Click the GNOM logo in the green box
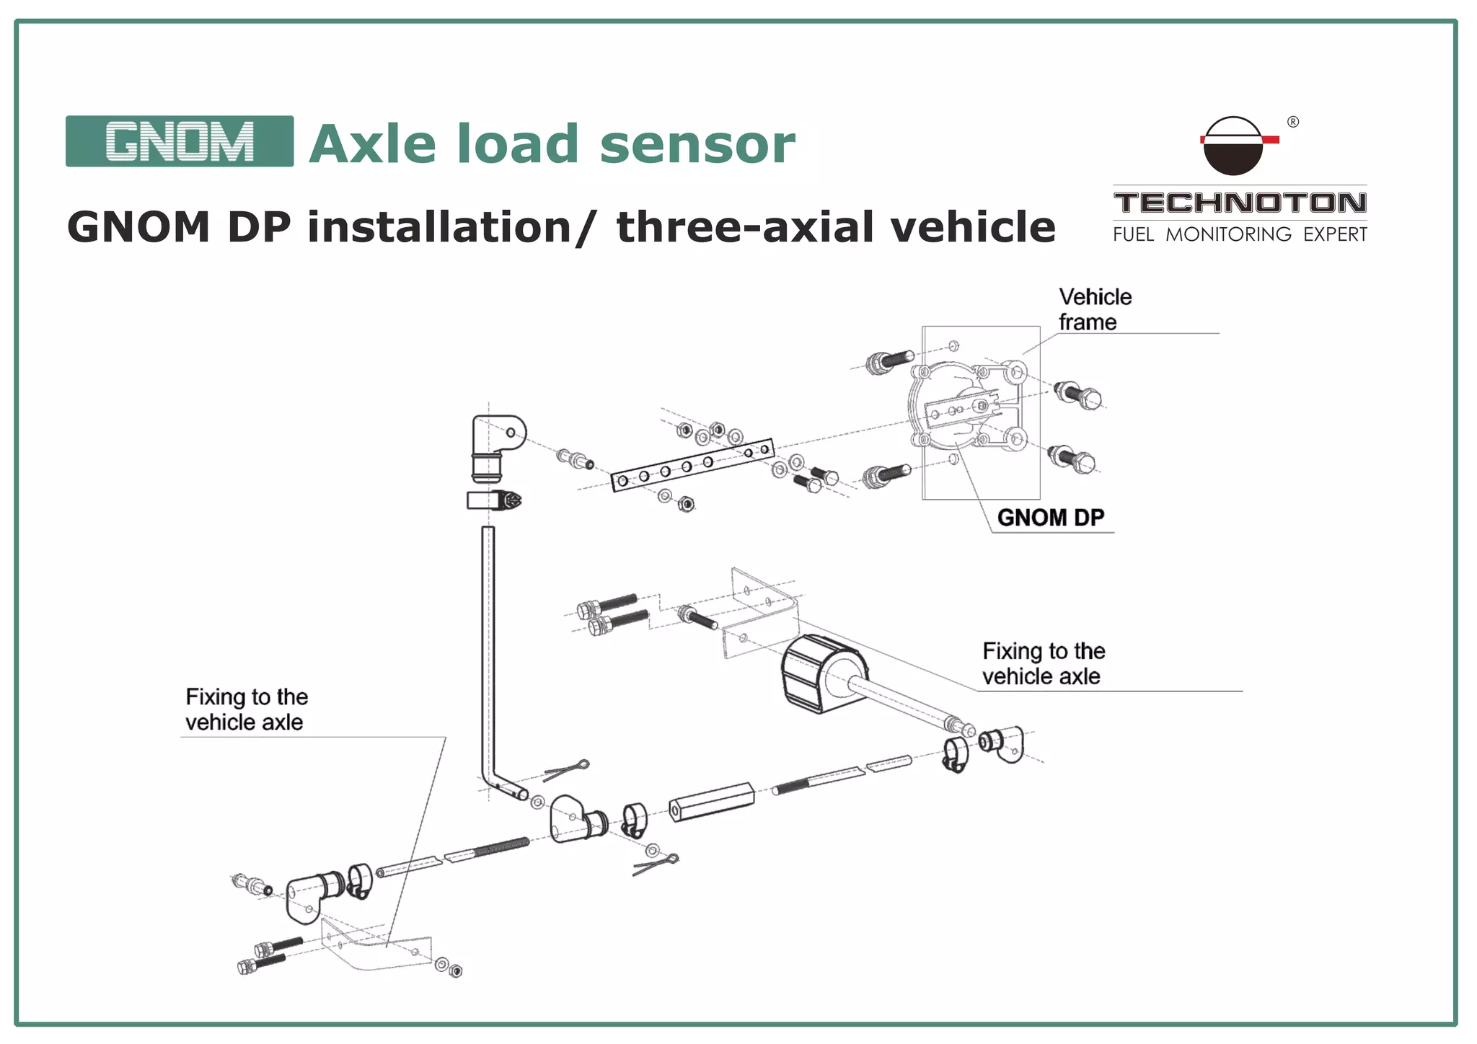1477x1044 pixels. [180, 141]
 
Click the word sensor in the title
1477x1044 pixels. [697, 144]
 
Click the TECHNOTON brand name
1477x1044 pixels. [1240, 203]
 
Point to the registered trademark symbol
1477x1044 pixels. [1293, 122]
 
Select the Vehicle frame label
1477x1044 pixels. [1094, 309]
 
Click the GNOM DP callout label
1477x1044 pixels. [1050, 518]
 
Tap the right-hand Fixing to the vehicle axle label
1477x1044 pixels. [1043, 663]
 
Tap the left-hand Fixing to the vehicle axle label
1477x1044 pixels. [246, 709]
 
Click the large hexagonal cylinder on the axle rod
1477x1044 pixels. [822, 673]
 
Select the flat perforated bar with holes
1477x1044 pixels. [692, 465]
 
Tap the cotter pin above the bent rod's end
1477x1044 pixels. [567, 770]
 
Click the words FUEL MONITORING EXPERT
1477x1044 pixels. [1240, 234]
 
